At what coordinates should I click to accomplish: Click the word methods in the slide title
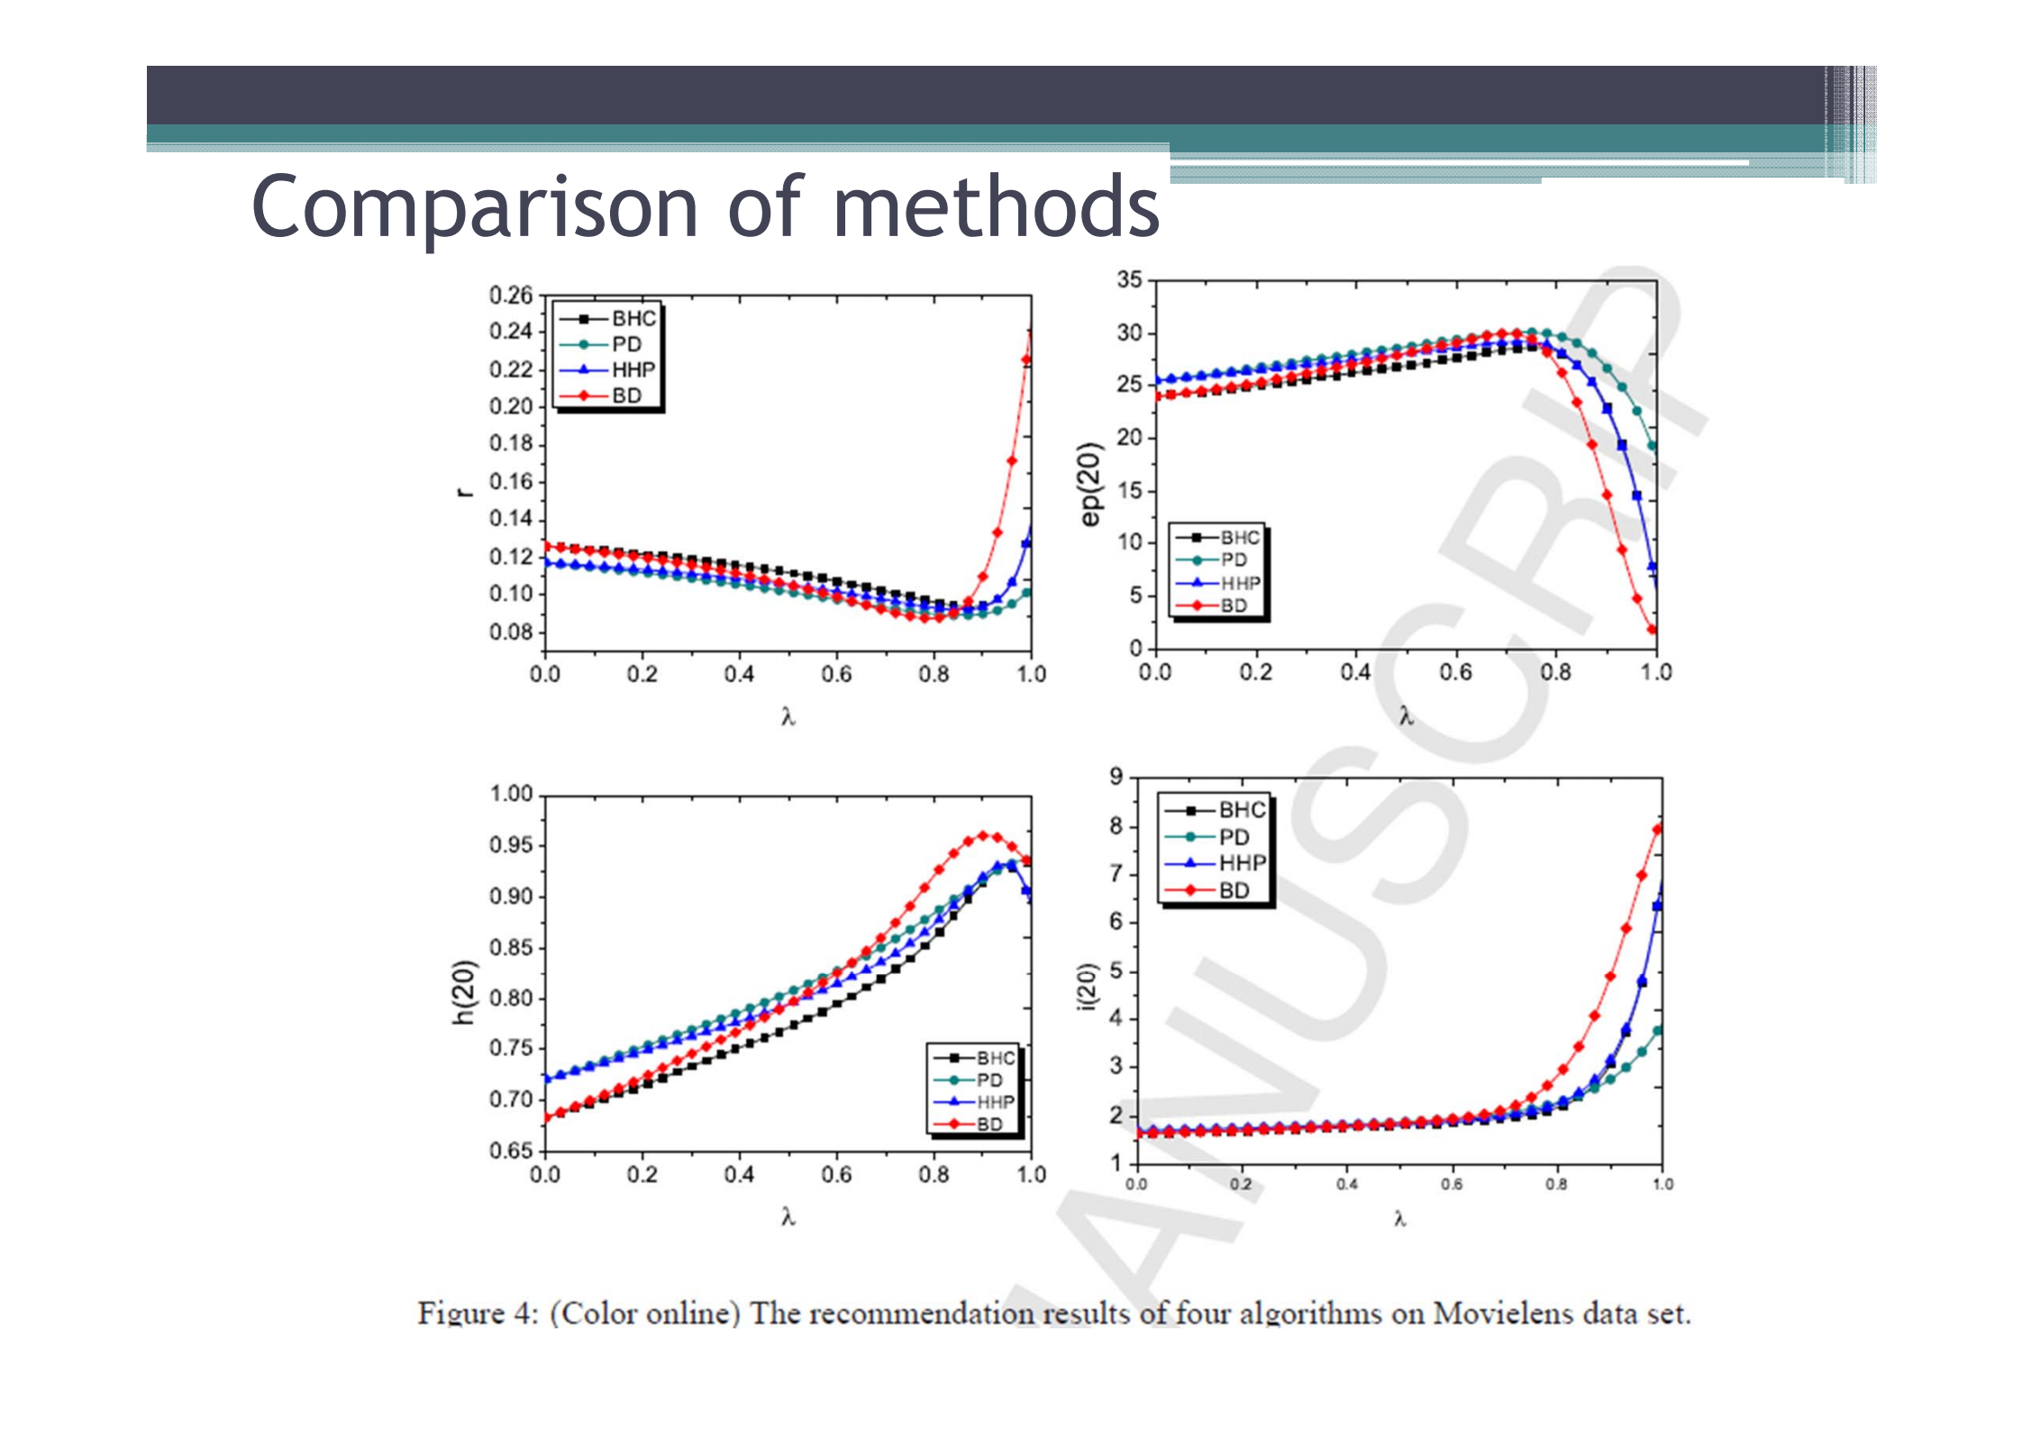point(996,207)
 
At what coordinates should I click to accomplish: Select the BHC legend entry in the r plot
point(633,318)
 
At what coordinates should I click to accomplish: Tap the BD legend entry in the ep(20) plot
point(1234,606)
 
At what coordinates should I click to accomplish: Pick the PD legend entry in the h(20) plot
point(989,1079)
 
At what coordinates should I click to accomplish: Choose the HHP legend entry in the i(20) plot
point(1242,863)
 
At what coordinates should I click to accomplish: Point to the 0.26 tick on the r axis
point(511,295)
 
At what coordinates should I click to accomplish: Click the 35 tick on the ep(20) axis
point(1129,279)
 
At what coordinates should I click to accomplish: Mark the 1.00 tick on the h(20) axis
point(511,794)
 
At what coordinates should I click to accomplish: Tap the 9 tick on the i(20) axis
point(1116,776)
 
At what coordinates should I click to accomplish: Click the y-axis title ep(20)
point(1090,484)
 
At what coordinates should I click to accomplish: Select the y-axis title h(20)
point(463,991)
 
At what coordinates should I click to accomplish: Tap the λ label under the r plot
point(788,716)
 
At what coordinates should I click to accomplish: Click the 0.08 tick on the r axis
point(511,632)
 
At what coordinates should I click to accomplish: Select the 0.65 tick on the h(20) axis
point(511,1151)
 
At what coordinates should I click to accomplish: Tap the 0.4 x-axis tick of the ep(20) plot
point(1354,672)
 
